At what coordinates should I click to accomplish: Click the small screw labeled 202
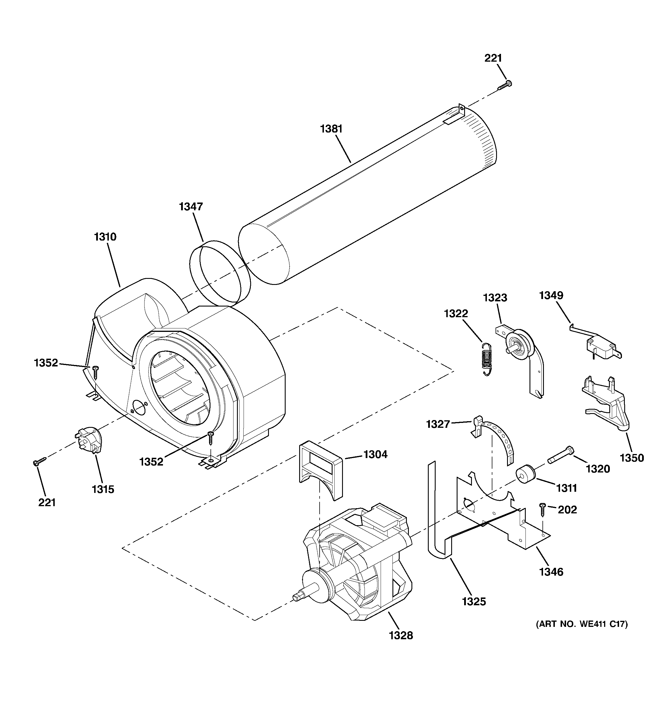[542, 509]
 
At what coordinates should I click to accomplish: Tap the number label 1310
[105, 237]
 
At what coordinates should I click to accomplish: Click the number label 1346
[551, 572]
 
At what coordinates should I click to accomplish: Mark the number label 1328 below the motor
[401, 636]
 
